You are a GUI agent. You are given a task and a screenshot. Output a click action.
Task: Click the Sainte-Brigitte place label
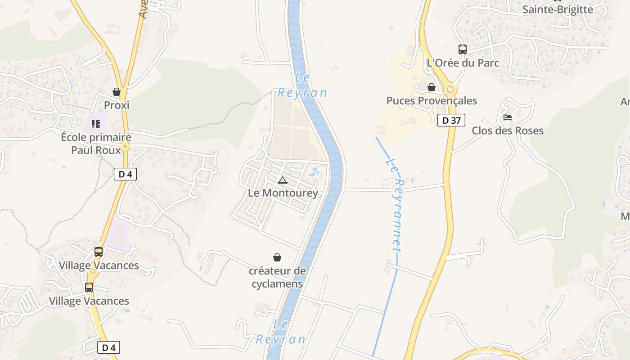click(558, 9)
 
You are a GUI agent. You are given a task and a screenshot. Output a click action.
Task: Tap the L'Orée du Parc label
click(463, 63)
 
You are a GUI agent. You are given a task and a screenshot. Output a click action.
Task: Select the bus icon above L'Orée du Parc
click(463, 49)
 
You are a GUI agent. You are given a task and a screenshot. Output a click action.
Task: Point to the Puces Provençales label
click(432, 101)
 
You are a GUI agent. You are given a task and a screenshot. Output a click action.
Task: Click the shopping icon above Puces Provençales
click(432, 87)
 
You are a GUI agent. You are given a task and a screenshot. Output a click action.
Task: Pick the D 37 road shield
click(451, 120)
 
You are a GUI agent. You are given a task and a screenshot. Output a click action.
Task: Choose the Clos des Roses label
click(507, 131)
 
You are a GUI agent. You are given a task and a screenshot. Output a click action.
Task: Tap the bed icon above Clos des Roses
click(508, 117)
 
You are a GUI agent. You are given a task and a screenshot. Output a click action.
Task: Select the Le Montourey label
click(283, 193)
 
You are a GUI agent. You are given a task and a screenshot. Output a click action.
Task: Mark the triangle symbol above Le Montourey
click(283, 180)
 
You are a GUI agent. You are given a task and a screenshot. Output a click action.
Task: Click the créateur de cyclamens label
click(277, 277)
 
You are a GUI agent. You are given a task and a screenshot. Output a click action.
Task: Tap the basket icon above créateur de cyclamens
click(277, 257)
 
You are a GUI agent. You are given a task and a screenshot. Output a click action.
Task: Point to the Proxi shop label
click(117, 105)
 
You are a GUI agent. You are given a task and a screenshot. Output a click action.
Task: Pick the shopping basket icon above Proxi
click(117, 92)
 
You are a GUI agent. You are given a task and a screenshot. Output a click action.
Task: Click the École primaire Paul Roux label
click(96, 144)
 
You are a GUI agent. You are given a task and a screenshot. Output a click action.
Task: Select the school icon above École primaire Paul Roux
click(95, 123)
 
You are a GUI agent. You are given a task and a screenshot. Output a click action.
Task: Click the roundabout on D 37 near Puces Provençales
click(449, 89)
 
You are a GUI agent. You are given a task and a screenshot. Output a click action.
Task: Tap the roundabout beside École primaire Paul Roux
click(125, 146)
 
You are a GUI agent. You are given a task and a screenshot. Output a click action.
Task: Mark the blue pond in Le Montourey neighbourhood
click(315, 171)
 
